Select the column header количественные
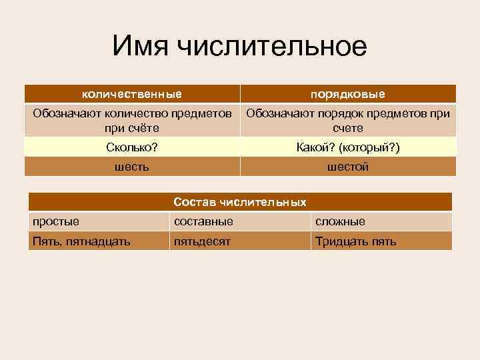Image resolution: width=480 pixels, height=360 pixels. coord(132,94)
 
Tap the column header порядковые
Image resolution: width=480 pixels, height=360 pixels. coord(347,94)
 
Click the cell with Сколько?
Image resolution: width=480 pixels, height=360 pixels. coord(132,147)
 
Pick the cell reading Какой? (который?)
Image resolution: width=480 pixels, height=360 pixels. coord(347,147)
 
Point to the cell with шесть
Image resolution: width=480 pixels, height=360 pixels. coord(132,167)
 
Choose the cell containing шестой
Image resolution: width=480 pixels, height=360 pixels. coord(347,167)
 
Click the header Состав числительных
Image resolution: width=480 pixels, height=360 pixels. coord(240,201)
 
